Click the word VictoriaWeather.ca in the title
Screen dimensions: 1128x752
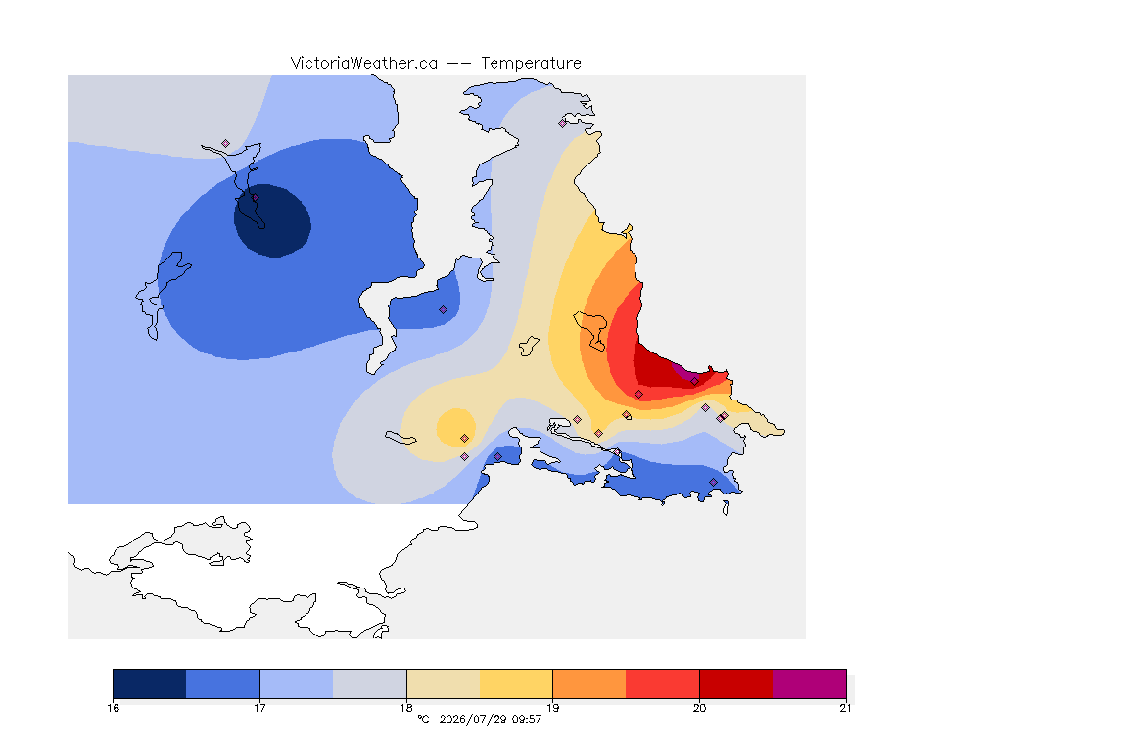click(x=364, y=64)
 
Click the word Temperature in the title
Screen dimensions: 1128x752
click(x=531, y=64)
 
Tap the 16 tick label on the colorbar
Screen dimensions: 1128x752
click(x=113, y=708)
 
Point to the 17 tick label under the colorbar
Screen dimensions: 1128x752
click(x=259, y=708)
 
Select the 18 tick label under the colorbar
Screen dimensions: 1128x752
click(x=406, y=708)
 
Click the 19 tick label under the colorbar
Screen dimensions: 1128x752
click(x=552, y=708)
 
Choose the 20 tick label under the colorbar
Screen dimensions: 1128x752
click(x=699, y=708)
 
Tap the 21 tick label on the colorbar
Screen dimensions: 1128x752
click(x=845, y=708)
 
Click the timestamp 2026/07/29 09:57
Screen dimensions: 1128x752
click(x=490, y=719)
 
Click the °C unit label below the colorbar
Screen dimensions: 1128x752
click(x=423, y=719)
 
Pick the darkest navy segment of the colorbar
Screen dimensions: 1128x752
click(x=150, y=683)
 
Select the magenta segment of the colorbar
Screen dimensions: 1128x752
click(x=810, y=683)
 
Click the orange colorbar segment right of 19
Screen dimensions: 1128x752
click(x=589, y=683)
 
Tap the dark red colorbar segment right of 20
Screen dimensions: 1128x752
click(x=736, y=683)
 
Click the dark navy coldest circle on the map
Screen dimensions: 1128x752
click(x=272, y=220)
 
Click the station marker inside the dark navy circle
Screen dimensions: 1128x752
click(x=255, y=197)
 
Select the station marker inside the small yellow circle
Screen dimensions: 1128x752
click(x=465, y=439)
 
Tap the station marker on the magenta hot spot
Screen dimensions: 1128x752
click(x=694, y=381)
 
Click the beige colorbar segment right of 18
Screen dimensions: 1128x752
click(x=444, y=683)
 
